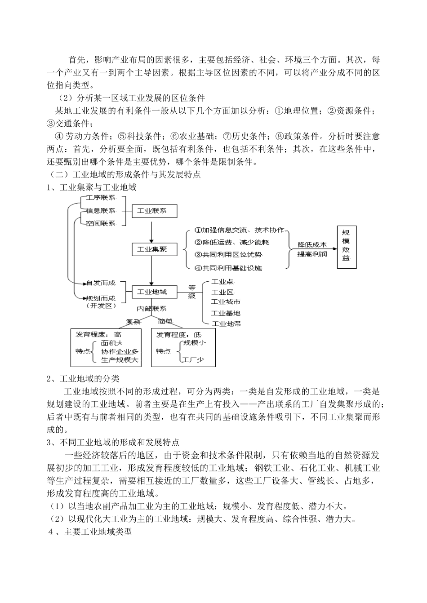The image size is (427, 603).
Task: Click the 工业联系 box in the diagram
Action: [154, 211]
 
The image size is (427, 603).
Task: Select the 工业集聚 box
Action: [154, 249]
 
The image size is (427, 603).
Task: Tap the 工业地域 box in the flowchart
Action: [154, 292]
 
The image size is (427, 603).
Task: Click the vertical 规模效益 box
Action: [347, 247]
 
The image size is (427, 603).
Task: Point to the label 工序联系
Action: [100, 198]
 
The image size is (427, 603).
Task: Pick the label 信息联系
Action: [100, 211]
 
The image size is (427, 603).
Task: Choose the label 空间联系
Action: [100, 223]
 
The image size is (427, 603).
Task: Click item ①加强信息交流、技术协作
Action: [239, 230]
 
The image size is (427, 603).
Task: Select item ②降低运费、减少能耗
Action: [231, 242]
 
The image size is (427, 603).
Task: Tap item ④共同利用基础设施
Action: [228, 268]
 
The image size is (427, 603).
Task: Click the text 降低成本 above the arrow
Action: [311, 245]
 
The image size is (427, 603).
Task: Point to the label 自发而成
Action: [100, 283]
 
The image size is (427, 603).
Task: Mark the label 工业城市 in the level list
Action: [226, 302]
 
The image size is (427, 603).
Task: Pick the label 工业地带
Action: [226, 324]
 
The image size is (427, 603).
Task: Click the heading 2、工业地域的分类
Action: [83, 378]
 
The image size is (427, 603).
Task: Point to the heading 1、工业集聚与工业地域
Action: [91, 187]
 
